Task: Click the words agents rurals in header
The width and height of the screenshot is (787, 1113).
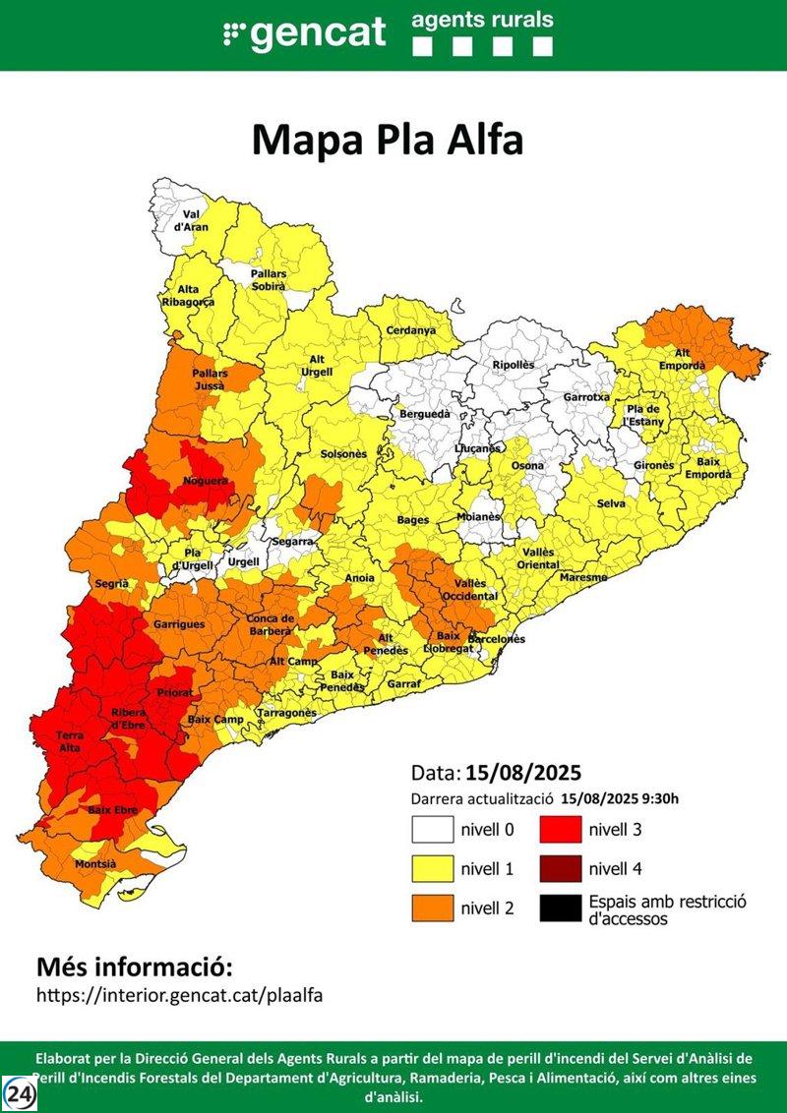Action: pos(482,20)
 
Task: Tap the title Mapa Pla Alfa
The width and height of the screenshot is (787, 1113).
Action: pos(388,140)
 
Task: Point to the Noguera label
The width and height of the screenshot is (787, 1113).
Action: pos(205,482)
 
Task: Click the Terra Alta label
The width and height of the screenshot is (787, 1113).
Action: pos(70,741)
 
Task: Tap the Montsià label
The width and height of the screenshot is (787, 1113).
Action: pos(95,864)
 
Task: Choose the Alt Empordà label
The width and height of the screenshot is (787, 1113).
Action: pos(689,359)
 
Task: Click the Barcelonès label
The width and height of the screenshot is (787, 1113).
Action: pos(496,639)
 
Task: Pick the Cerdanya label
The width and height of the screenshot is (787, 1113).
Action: pos(410,330)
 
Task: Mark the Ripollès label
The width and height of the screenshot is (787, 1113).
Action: pos(514,365)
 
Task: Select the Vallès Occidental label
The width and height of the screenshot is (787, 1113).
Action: pos(463,591)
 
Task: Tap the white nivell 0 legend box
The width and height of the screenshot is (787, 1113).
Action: pos(432,830)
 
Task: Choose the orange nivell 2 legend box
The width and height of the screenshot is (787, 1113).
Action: pos(432,908)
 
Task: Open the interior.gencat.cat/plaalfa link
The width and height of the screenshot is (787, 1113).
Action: pos(179,994)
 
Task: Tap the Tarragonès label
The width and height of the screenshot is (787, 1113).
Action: pos(286,713)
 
